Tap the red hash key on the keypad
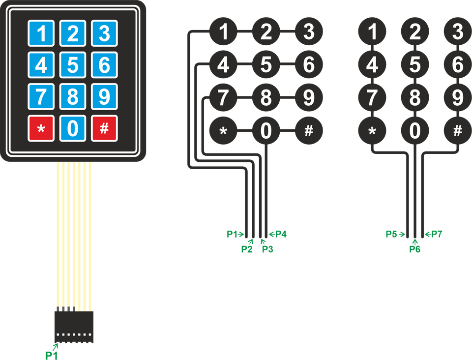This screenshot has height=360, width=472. coord(104,128)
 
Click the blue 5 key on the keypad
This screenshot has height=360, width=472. coord(73,65)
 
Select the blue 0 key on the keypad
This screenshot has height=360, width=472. coord(73,128)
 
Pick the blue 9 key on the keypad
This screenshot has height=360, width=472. coord(104,96)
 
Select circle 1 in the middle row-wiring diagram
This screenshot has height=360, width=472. coord(223,31)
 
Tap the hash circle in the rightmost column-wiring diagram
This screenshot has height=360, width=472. coord(458,131)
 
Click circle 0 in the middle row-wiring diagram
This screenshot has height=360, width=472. coord(266,131)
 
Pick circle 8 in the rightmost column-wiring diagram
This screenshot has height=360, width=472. coord(415,97)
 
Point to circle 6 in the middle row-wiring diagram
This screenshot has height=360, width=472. coord(309,64)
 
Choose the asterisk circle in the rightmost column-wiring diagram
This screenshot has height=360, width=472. coord(372,131)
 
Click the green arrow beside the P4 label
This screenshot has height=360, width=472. coord(272,234)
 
